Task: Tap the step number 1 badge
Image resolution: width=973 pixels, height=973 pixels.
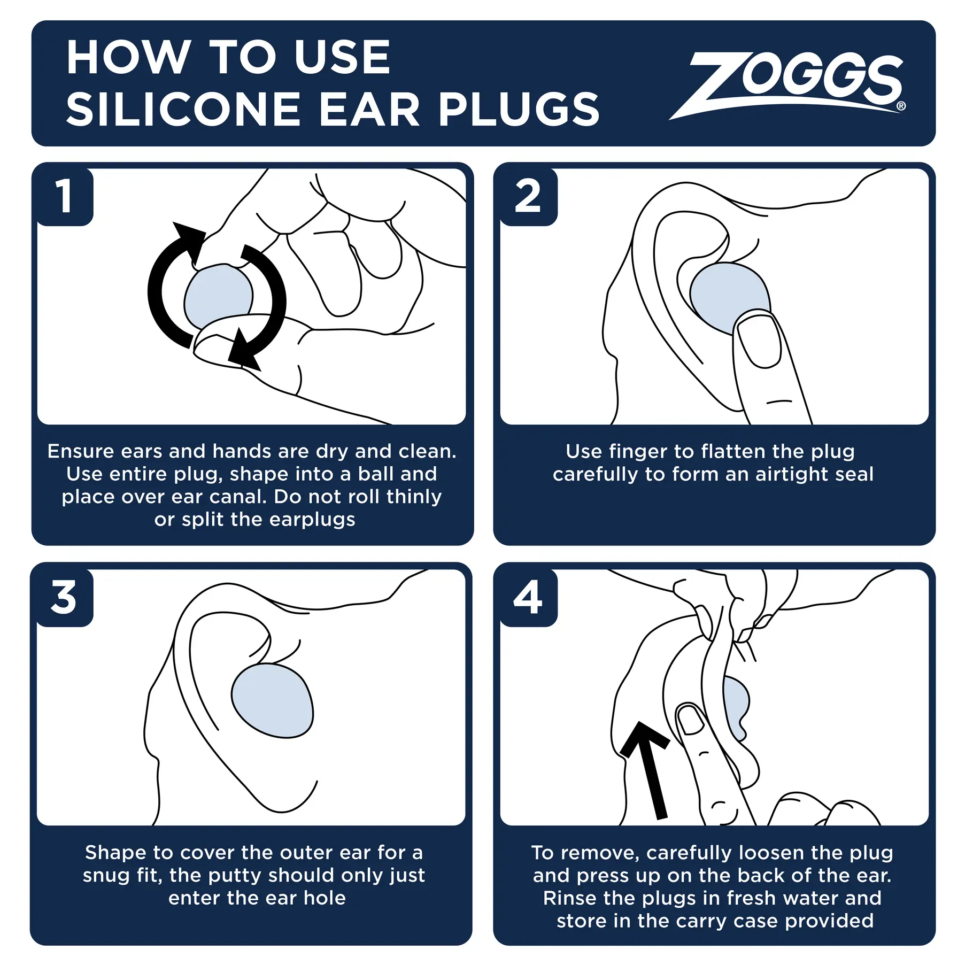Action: coord(64,196)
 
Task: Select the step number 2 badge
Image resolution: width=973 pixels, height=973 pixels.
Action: coord(528,196)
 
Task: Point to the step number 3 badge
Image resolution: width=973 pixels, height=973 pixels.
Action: coord(64,597)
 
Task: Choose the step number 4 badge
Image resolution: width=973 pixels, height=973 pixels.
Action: coord(528,597)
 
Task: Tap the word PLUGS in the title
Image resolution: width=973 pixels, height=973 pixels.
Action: coord(519,110)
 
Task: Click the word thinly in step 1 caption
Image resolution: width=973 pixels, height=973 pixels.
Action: coord(414,497)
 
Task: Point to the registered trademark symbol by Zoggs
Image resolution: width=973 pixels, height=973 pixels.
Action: coord(901,106)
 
